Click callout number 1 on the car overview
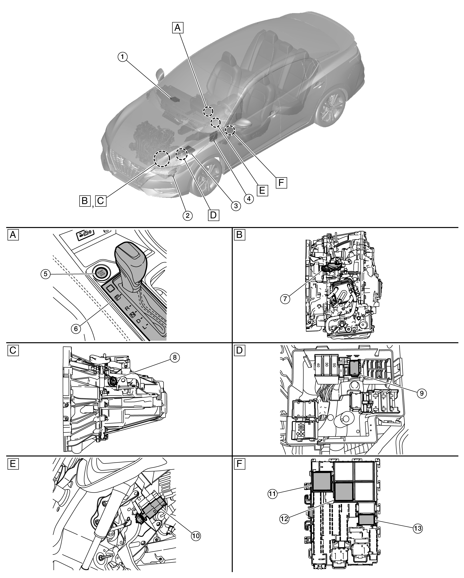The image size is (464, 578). coord(123,57)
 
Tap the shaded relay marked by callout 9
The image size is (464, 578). coord(354,367)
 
